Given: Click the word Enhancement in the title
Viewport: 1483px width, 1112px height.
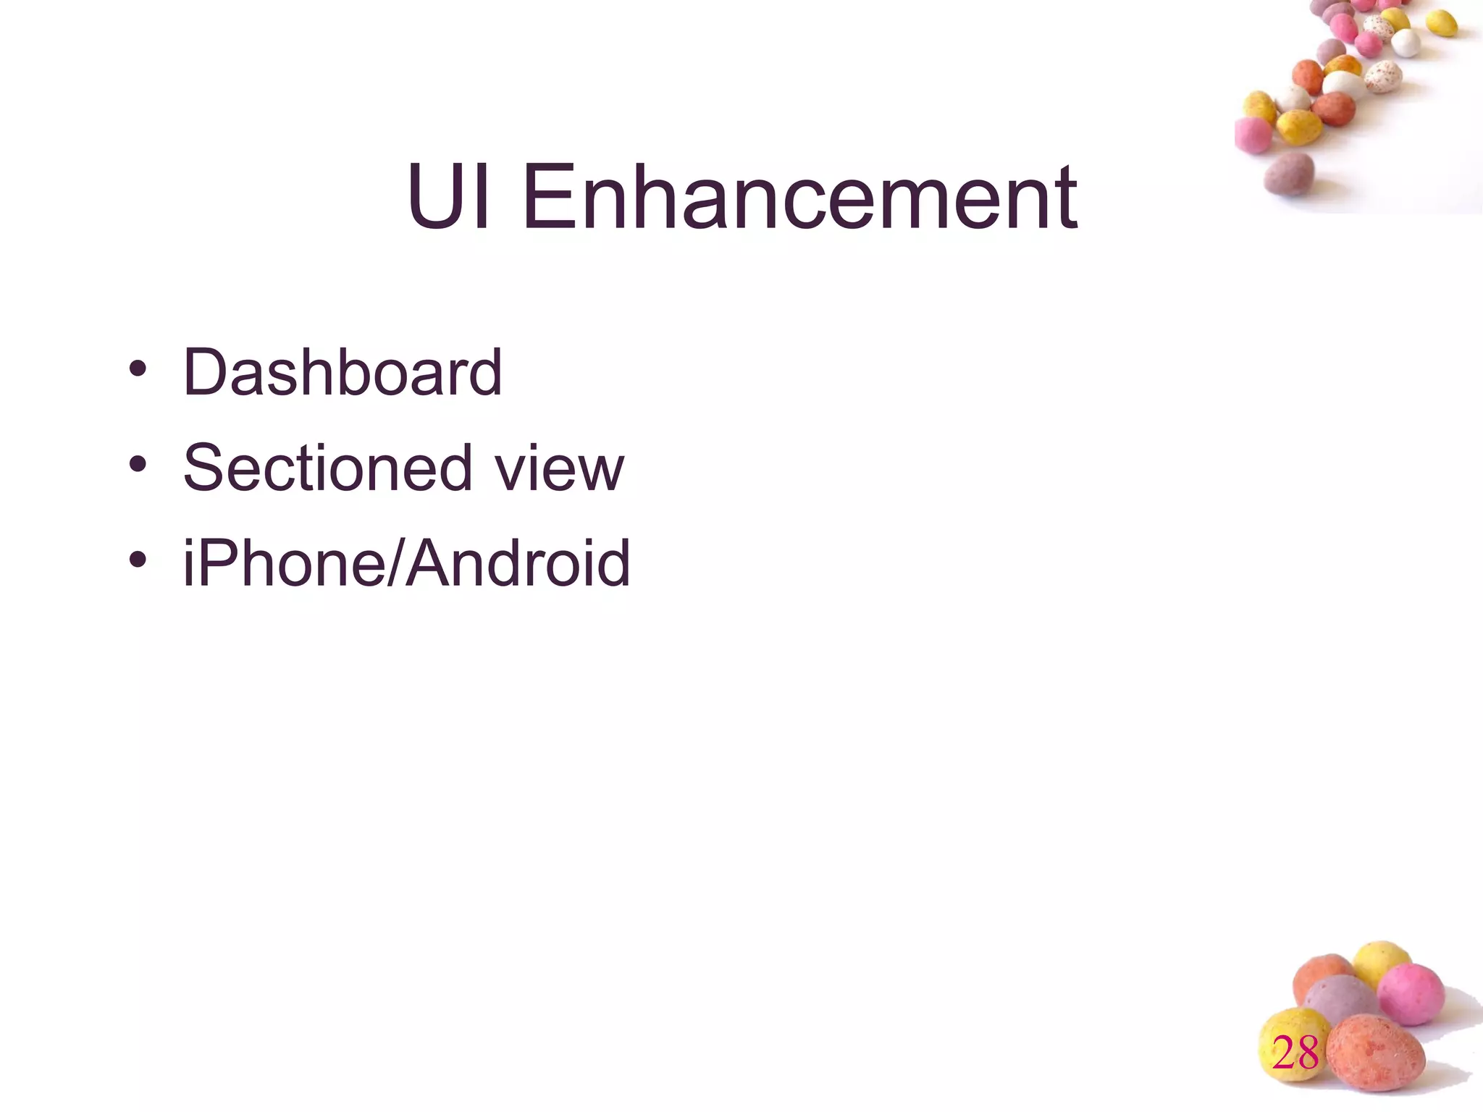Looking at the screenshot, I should (799, 197).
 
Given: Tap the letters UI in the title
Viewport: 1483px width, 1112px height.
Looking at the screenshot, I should (448, 197).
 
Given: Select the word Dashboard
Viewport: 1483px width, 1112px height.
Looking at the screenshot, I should (342, 372).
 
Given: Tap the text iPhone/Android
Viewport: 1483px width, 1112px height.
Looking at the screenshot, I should (406, 563).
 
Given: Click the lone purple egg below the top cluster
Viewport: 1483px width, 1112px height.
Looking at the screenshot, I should (1289, 174).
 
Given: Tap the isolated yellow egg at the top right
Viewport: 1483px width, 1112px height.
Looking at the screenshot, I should (1441, 23).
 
